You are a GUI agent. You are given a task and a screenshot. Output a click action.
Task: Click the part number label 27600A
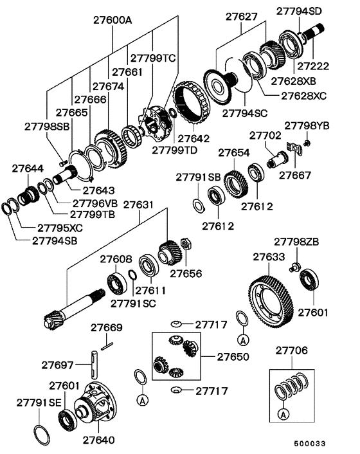113,21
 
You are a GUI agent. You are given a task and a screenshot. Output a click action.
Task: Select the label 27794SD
299,11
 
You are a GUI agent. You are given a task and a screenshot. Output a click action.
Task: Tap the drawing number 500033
310,444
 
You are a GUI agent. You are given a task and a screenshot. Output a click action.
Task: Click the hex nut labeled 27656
185,244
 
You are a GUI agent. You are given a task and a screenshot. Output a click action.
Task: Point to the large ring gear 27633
271,302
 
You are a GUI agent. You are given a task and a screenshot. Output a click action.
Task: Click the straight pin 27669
107,346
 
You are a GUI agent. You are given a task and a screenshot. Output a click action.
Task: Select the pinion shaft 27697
94,365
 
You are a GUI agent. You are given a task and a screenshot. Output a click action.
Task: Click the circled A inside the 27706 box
283,414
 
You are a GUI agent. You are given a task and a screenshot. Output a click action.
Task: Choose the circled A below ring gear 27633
243,340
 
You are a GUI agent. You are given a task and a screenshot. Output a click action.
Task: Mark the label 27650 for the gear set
233,356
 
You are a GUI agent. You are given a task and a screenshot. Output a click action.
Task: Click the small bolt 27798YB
307,142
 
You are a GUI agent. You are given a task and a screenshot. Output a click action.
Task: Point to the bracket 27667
294,149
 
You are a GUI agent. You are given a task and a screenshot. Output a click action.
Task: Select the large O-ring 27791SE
42,435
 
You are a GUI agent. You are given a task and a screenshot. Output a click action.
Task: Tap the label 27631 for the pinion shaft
138,204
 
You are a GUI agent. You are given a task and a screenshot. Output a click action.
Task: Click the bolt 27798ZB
294,267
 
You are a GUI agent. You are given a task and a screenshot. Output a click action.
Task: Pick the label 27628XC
303,96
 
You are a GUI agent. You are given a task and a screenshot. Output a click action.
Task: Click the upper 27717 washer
175,324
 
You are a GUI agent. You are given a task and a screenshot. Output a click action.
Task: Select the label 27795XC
60,228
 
